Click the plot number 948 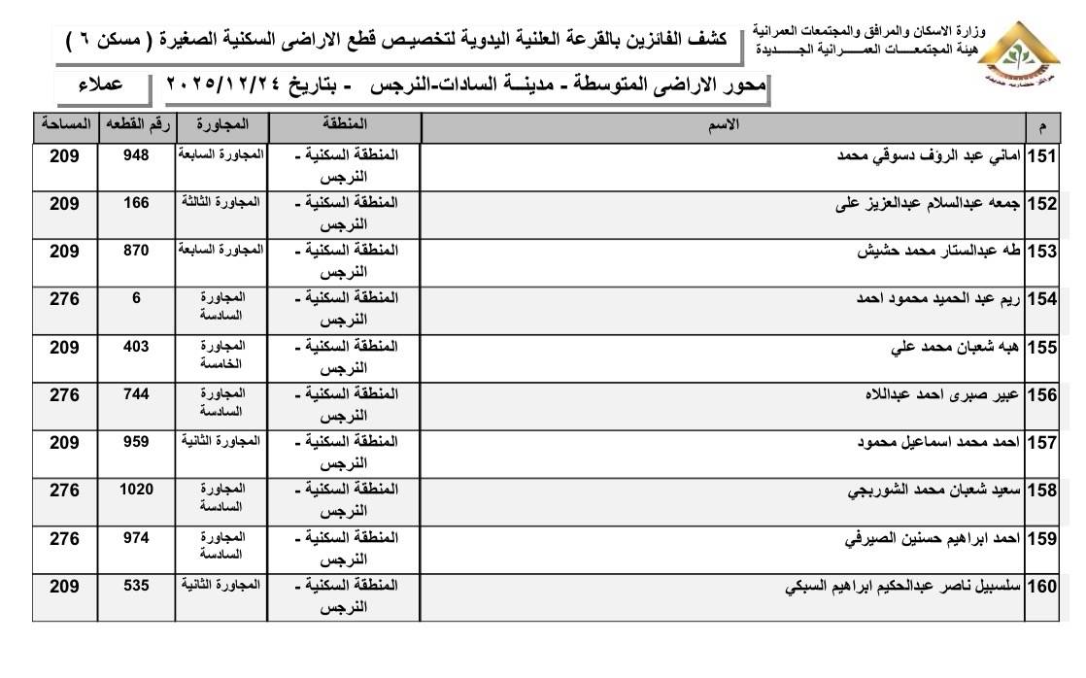(x=136, y=155)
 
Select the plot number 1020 (x=136, y=489)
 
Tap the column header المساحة (x=64, y=125)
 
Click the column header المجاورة (x=221, y=125)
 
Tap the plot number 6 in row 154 (x=136, y=298)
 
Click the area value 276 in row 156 (x=64, y=394)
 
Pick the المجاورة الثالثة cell (x=221, y=201)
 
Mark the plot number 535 (x=136, y=585)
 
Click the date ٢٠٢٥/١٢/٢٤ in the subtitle (x=237, y=85)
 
